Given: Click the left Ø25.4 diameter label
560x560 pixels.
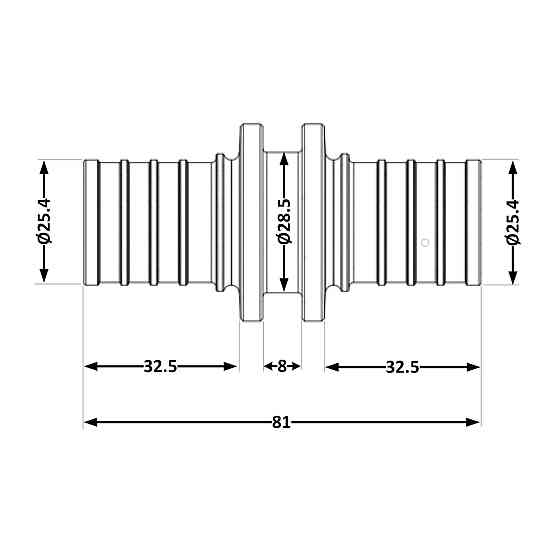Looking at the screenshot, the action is (x=45, y=221).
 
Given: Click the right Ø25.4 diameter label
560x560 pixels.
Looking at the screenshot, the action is (x=513, y=222).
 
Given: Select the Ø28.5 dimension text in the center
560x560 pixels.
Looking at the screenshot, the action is (x=285, y=221).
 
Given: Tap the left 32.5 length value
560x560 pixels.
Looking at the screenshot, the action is (x=160, y=366).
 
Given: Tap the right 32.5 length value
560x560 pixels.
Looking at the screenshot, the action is (x=402, y=367).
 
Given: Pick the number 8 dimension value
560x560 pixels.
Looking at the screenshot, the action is (x=282, y=366).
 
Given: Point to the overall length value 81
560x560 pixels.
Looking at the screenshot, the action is (x=281, y=422).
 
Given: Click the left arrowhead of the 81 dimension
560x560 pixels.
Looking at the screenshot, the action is (x=91, y=422).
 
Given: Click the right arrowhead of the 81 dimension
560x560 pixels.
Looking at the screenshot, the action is (x=473, y=422).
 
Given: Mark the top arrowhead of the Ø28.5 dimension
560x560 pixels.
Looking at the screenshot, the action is (x=284, y=159).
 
